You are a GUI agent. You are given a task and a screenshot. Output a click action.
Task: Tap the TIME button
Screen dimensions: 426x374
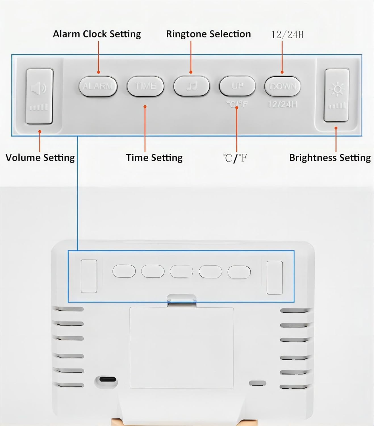(x=146, y=86)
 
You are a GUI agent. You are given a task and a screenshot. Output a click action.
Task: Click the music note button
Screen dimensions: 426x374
(x=192, y=86)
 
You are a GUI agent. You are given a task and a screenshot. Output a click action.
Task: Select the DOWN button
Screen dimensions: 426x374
(x=283, y=86)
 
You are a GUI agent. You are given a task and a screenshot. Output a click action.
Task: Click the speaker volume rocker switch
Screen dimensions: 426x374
(x=39, y=96)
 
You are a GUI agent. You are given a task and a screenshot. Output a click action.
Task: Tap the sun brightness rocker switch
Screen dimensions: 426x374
(x=337, y=95)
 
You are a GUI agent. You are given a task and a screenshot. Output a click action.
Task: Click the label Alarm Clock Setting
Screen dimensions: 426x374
(x=97, y=34)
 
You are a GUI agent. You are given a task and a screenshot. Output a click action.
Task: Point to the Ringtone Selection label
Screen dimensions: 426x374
(x=208, y=34)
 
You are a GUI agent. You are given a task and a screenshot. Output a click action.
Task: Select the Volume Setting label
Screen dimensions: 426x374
(x=40, y=158)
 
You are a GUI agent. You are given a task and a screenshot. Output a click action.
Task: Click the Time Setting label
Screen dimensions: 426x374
(x=154, y=158)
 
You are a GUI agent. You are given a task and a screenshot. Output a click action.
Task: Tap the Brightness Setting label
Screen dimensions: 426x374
(x=330, y=158)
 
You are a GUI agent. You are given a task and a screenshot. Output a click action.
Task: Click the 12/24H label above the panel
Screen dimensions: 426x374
(x=287, y=35)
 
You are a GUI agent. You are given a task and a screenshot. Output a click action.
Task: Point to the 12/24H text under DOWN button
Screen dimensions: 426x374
(x=283, y=105)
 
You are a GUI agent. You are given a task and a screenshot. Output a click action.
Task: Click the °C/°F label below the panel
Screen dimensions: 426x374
(x=235, y=158)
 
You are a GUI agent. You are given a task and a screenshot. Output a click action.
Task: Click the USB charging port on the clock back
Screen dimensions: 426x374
(x=106, y=379)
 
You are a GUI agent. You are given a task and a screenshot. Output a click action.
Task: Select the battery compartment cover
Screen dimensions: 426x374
(x=182, y=348)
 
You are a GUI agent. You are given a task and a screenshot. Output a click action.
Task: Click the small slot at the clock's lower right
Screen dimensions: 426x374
(x=258, y=383)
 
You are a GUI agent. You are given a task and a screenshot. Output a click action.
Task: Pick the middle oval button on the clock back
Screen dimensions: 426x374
(x=181, y=272)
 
